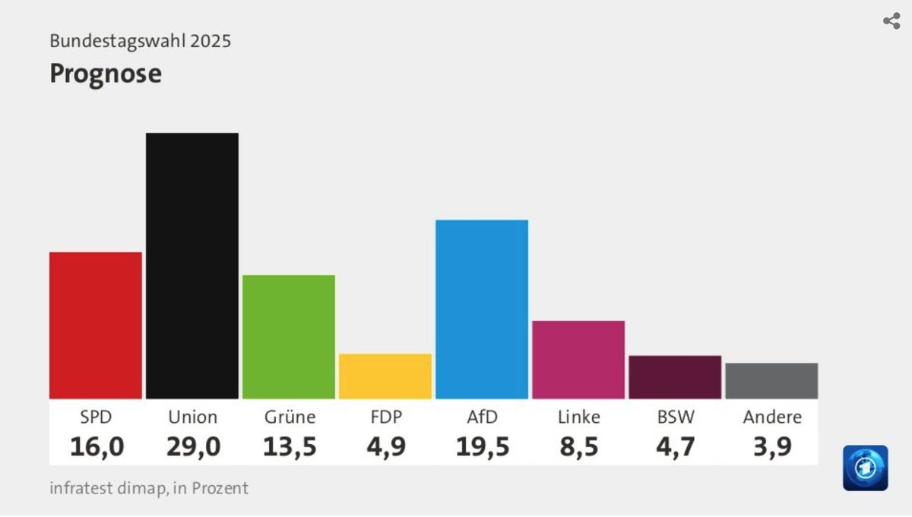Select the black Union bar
coord(192,266)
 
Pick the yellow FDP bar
coord(385,376)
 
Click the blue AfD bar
coord(482,309)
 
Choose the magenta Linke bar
coord(578,359)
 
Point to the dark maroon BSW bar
coord(675,377)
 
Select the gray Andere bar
coord(771,380)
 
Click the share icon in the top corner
coord(891,21)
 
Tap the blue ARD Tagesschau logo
coord(865,468)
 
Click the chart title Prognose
coord(106,74)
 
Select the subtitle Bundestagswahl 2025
coord(141,41)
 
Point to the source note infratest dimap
coord(149,488)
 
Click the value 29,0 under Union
coord(193,446)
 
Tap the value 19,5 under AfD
coord(483,446)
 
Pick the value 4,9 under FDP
coord(385,446)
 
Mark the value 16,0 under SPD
coord(97,446)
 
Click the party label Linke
coord(578,417)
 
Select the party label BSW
coord(675,417)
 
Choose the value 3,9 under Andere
coord(772,446)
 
